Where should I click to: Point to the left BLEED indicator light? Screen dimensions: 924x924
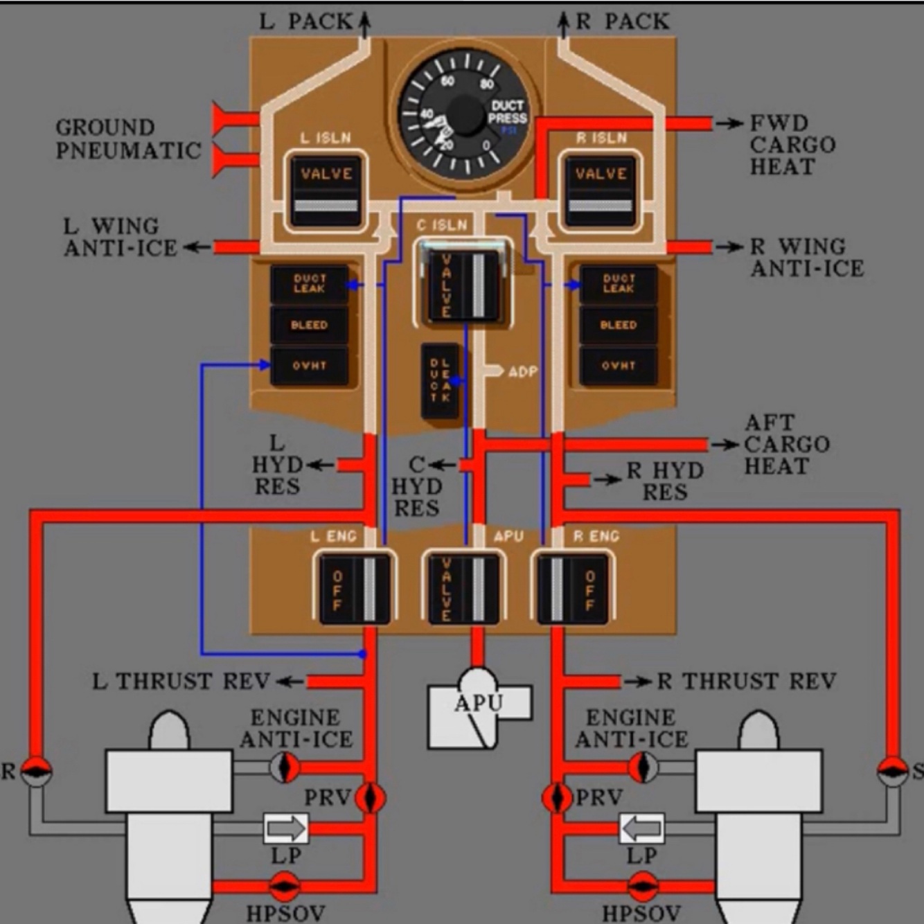click(x=309, y=325)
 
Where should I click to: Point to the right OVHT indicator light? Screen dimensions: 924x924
click(x=618, y=365)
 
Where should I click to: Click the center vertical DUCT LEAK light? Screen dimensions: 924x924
click(x=440, y=380)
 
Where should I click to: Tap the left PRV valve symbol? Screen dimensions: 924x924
click(x=370, y=798)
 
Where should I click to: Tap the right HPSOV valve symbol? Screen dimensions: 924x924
click(x=643, y=886)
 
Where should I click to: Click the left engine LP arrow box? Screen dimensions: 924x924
click(x=286, y=828)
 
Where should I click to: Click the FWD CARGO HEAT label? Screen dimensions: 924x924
click(x=792, y=145)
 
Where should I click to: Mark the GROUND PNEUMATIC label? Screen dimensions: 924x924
click(x=128, y=139)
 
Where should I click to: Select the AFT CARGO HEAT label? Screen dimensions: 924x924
click(x=786, y=444)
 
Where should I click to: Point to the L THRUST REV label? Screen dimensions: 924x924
click(x=181, y=682)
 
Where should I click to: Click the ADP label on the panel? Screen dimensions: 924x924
click(x=522, y=372)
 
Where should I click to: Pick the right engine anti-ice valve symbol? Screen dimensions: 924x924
click(x=643, y=767)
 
